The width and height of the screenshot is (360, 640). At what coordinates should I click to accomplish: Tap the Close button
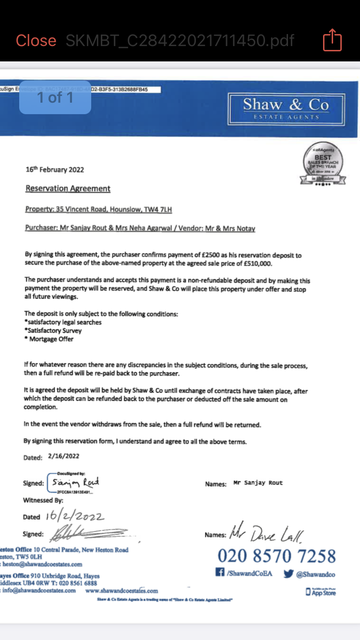pos(36,41)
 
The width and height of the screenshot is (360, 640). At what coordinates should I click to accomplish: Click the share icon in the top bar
pos(332,40)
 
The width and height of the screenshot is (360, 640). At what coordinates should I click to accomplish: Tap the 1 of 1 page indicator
pos(55,97)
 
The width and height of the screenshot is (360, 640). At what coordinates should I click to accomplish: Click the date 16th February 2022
pos(55,169)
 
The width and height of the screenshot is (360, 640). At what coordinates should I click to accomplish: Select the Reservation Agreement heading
pos(68,189)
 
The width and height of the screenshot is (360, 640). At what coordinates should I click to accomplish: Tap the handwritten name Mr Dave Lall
pos(266,532)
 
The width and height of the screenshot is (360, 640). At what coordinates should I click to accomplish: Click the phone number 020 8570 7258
pos(276,556)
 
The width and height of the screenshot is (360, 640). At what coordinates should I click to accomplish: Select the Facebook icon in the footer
pos(220,573)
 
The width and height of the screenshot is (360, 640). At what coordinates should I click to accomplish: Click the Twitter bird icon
pos(288,574)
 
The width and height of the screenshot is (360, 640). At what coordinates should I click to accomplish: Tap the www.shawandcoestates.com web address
pos(121,591)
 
